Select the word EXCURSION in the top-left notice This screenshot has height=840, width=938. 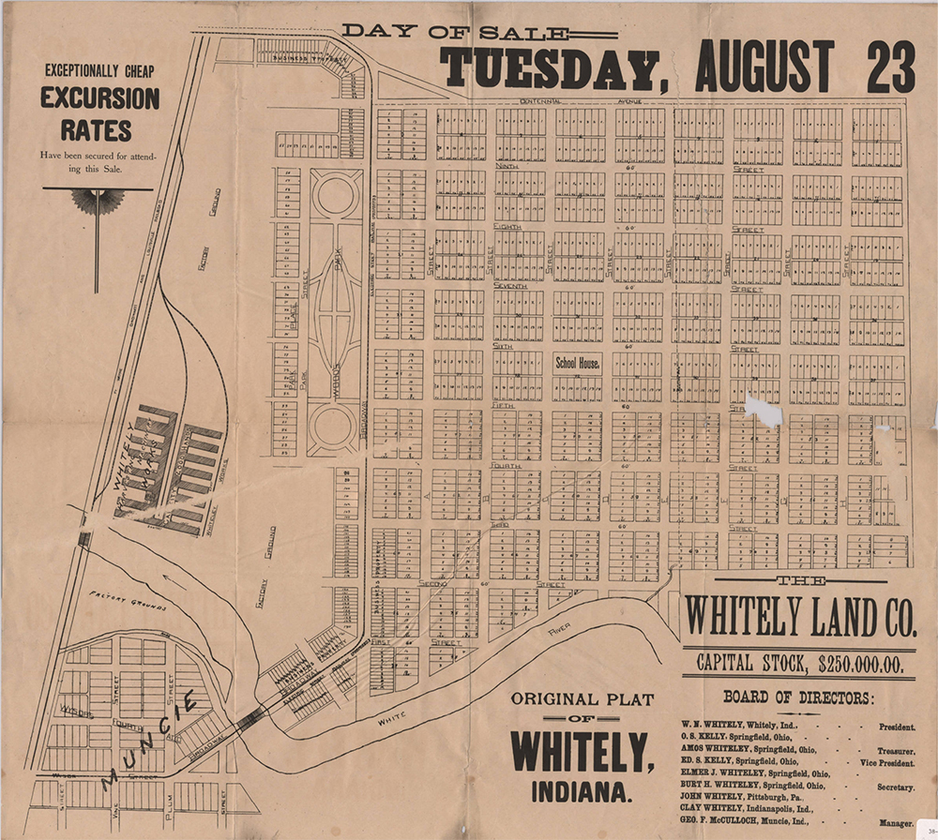98,98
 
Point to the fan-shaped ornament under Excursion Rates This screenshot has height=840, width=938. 97,200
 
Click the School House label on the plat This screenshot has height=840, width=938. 577,364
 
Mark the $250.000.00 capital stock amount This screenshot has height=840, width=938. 860,664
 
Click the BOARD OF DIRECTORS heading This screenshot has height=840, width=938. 799,697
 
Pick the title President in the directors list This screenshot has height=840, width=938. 896,727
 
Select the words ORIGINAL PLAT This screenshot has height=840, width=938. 582,699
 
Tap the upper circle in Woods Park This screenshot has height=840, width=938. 335,195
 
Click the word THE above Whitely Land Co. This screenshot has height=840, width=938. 799,581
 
